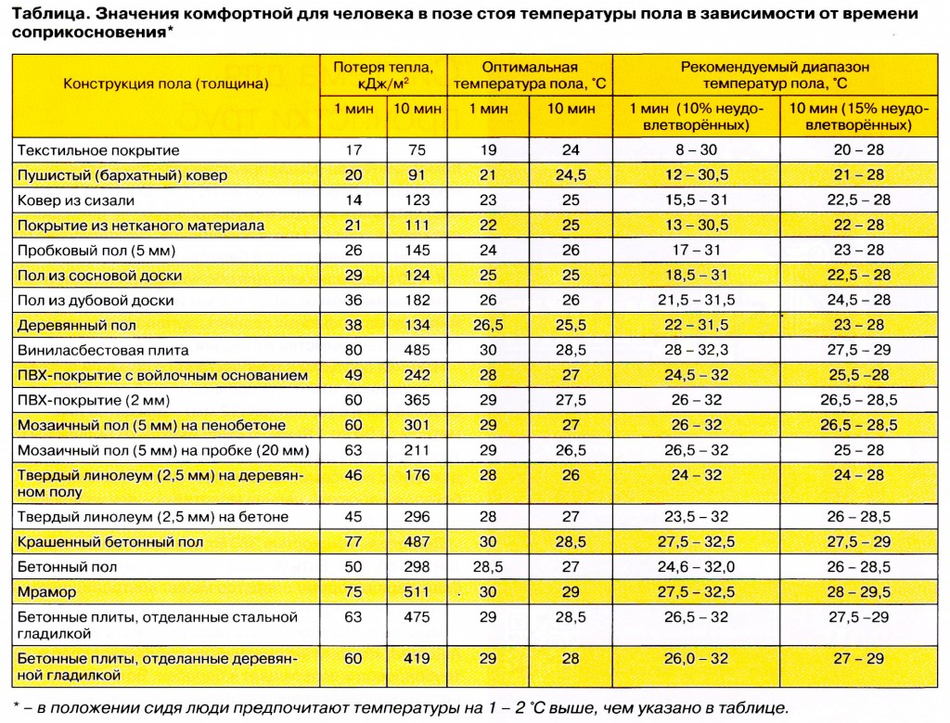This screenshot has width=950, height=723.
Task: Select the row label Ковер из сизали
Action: point(75,200)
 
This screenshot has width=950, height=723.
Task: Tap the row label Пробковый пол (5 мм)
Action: point(96,250)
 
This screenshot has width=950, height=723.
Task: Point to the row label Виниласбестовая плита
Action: point(102,350)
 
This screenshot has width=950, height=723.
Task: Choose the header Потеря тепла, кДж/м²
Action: point(382,74)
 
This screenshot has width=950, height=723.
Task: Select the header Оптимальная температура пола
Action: point(529,74)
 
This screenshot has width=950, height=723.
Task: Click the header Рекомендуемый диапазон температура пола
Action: point(775,74)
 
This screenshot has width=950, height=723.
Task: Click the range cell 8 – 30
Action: point(695,149)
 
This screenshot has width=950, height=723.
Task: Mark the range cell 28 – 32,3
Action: point(695,350)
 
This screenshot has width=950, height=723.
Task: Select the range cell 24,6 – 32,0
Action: point(695,566)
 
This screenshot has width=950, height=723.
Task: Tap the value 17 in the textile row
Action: point(353,149)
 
